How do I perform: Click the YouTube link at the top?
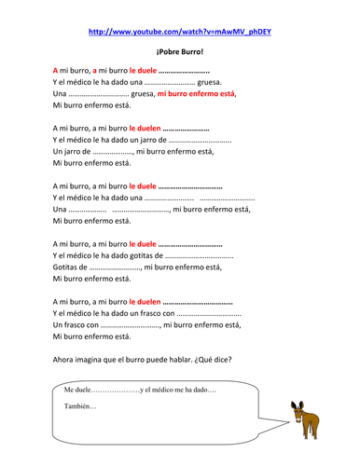click(x=180, y=31)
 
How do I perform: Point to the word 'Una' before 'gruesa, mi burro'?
click(x=60, y=95)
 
